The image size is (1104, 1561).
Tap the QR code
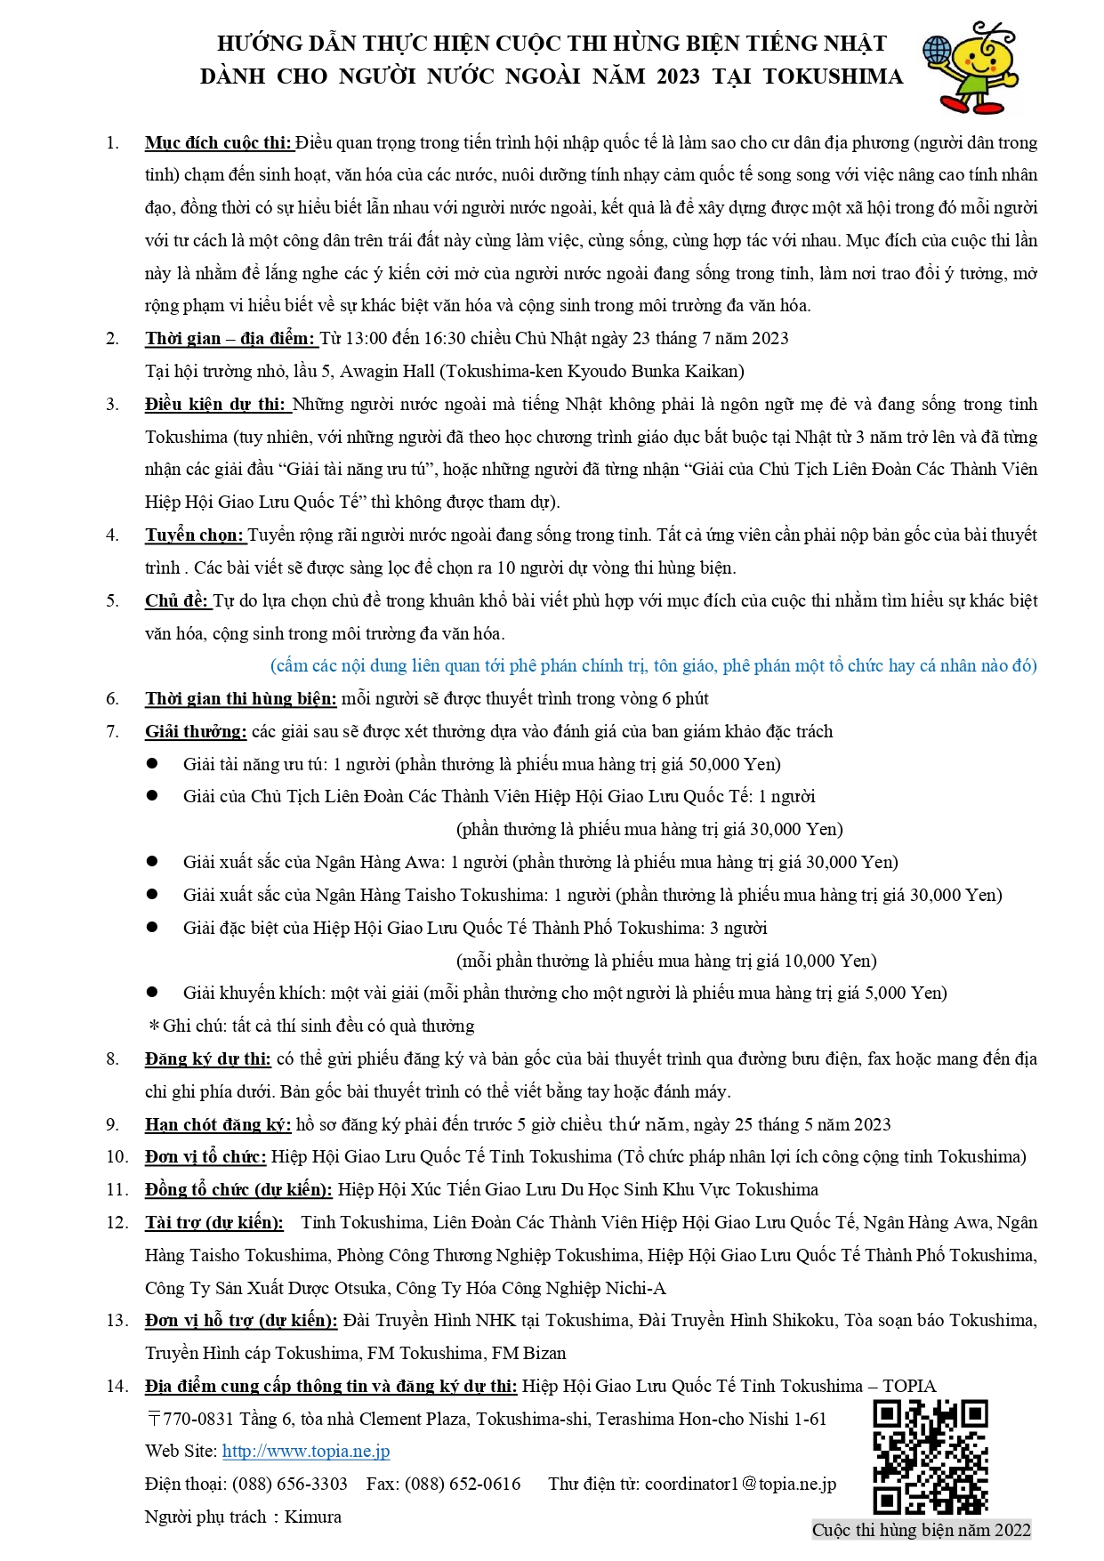[x=930, y=1457]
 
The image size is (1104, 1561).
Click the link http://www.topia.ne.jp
[x=306, y=1451]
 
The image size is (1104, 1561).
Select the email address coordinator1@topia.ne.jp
[x=740, y=1484]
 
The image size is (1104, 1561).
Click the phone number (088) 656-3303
[x=290, y=1484]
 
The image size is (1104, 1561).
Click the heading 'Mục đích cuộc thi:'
[x=219, y=143]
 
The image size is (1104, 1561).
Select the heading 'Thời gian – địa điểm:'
[x=230, y=338]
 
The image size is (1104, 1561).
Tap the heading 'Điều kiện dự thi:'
[x=217, y=405]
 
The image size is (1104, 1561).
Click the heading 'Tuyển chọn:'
[x=195, y=535]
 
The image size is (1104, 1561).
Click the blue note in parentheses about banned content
[x=653, y=666]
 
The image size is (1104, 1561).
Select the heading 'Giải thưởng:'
[x=196, y=732]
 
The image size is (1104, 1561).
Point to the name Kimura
[x=312, y=1517]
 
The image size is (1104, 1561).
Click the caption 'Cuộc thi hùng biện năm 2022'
[x=921, y=1530]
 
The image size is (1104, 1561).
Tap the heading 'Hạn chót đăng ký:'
[x=218, y=1124]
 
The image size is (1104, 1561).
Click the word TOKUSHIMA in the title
[x=833, y=76]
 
